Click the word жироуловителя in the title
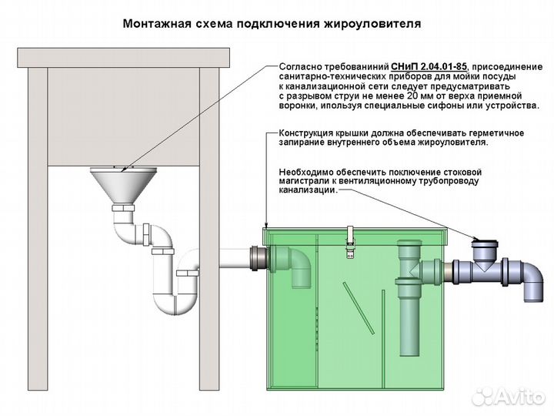coord(374,24)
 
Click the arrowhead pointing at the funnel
coord(123,167)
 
